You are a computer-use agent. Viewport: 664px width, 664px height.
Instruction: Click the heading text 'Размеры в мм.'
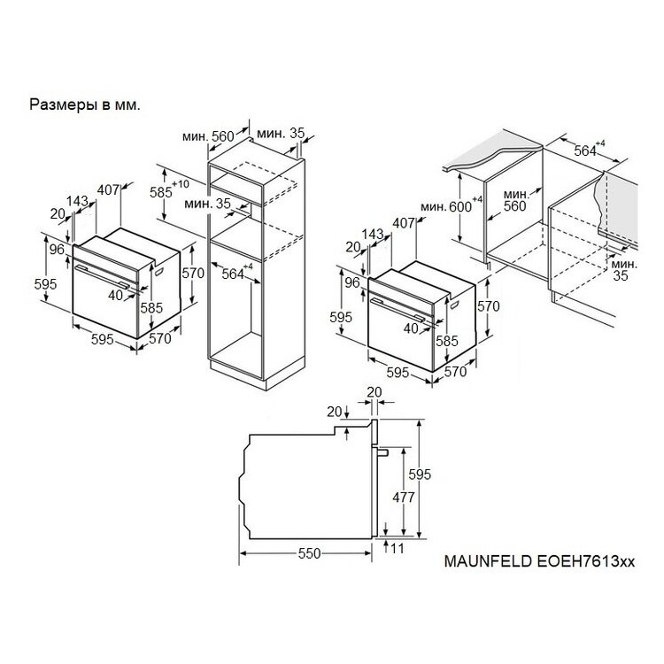pos(85,105)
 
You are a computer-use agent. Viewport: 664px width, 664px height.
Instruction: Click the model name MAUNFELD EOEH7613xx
pos(539,561)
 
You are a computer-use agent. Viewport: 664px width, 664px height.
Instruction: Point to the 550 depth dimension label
pos(310,553)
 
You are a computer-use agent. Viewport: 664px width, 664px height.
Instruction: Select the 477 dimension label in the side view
pos(404,497)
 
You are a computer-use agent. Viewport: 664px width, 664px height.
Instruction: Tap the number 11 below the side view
pos(398,548)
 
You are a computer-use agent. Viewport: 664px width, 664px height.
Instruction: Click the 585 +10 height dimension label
pos(169,189)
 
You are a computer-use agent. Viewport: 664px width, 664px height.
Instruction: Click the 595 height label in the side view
pos(420,475)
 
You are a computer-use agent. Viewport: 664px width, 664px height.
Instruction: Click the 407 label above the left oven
pos(108,189)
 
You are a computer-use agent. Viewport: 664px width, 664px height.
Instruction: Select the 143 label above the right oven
pos(373,234)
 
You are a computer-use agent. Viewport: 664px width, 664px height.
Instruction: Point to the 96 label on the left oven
pos(57,250)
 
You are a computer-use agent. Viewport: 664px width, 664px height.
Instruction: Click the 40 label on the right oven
pos(411,328)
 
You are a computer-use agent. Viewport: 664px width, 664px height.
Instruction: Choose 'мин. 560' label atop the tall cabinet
pos(208,136)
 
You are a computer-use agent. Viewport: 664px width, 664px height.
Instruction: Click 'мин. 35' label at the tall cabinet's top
pos(281,134)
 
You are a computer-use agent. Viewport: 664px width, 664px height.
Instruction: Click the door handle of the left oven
pos(102,276)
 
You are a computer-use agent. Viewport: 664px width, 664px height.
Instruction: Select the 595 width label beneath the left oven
pos(103,339)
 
